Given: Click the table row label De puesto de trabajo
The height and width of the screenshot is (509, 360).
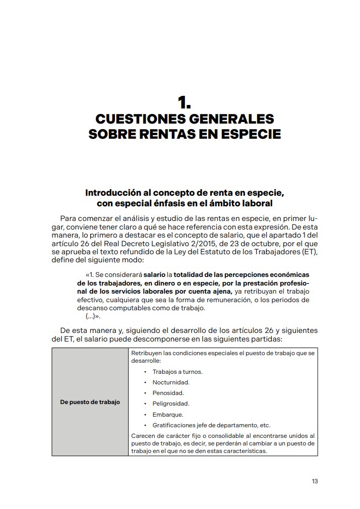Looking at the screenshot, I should [x=90, y=402].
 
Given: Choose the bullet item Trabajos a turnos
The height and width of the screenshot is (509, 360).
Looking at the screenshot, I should [x=170, y=372].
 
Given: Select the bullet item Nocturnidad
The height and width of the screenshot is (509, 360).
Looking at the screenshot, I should [x=170, y=382].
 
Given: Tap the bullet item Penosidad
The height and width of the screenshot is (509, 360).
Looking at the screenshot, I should [x=167, y=393].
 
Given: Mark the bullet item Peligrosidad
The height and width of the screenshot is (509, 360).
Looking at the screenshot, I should [x=170, y=404].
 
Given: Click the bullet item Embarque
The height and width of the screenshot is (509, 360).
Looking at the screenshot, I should [x=167, y=414].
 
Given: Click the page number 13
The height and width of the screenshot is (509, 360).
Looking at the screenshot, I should [x=314, y=481].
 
